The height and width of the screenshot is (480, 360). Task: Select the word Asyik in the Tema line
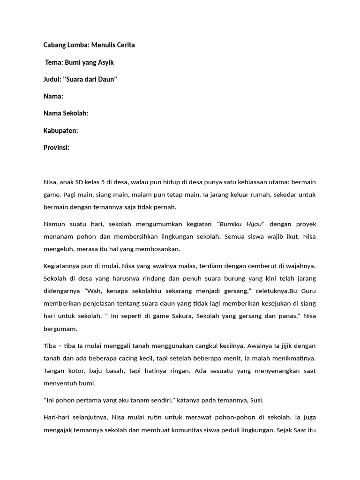[x=105, y=62]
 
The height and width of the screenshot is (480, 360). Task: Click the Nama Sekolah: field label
[x=66, y=113]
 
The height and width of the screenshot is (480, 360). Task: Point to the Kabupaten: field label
[x=60, y=130]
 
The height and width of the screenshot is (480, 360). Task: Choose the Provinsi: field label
[x=56, y=147]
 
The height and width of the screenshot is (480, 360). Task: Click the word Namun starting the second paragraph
[x=55, y=224]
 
